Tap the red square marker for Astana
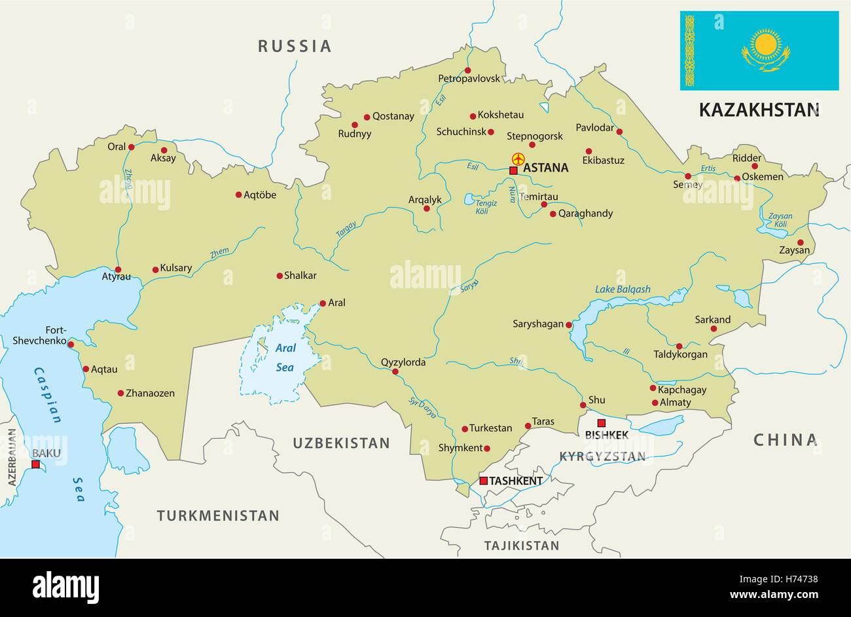click(x=513, y=170)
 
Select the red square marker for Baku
click(x=35, y=464)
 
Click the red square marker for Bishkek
click(x=601, y=423)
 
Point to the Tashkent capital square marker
click(x=483, y=481)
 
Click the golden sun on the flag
click(x=765, y=45)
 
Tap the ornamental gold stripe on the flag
click(x=689, y=51)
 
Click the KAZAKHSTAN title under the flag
click(x=759, y=109)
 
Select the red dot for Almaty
click(x=655, y=402)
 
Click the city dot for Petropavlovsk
click(x=467, y=70)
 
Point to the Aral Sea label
click(x=285, y=358)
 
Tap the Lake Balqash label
click(x=623, y=289)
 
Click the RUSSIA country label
click(x=295, y=46)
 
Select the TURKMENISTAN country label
click(x=218, y=515)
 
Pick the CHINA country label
click(x=786, y=439)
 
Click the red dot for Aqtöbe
click(x=238, y=195)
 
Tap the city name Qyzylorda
click(x=403, y=362)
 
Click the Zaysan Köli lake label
click(x=780, y=220)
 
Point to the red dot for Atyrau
click(x=118, y=269)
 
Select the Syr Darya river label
click(x=422, y=406)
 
